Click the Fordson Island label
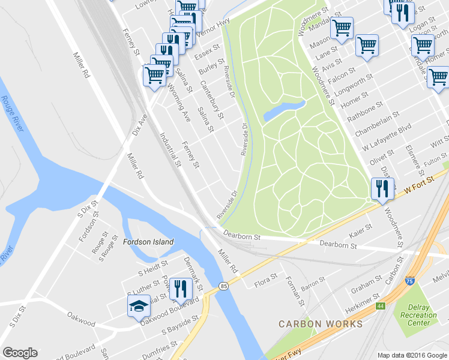(x=148, y=242)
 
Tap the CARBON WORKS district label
(x=321, y=324)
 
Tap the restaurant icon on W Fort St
(x=382, y=189)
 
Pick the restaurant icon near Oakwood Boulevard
(x=180, y=289)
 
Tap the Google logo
(x=20, y=353)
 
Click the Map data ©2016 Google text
(x=412, y=355)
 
